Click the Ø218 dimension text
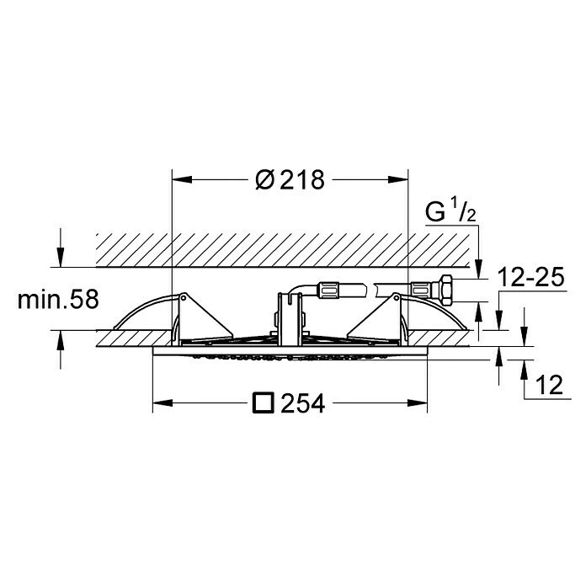(290, 180)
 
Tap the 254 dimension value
(303, 403)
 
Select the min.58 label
(58, 299)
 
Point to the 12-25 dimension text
(530, 278)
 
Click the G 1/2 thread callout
(450, 210)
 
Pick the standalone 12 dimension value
(549, 385)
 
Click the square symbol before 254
(264, 402)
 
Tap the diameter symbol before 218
(265, 180)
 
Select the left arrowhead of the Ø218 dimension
(182, 180)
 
